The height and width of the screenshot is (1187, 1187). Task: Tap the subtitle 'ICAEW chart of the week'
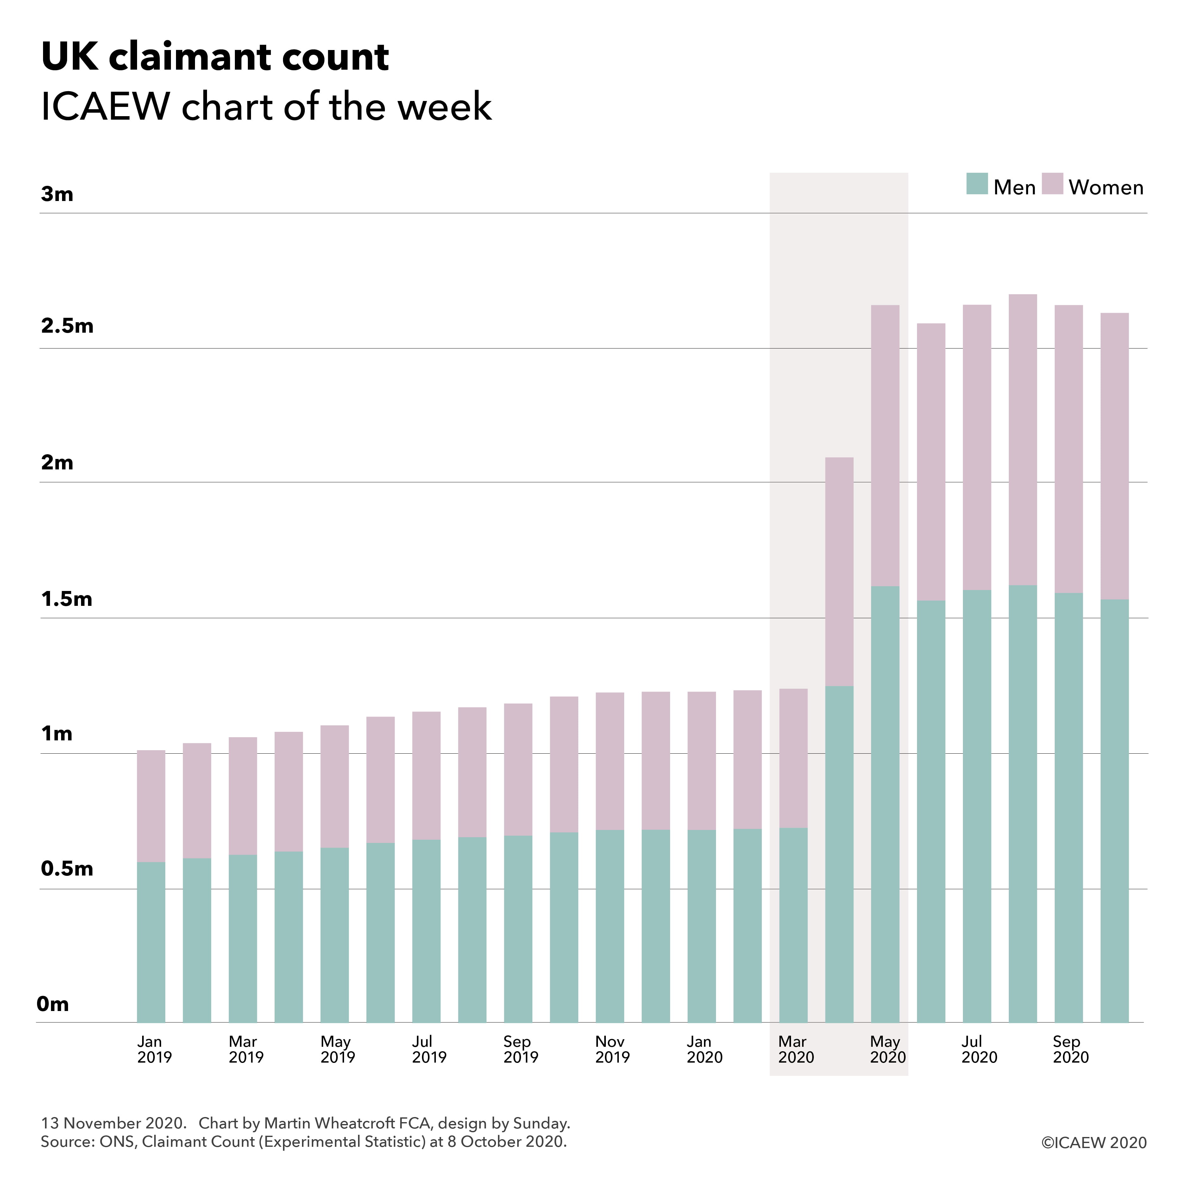[266, 106]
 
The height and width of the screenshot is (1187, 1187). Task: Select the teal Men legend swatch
[976, 184]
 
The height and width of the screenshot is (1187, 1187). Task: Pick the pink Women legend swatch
[1052, 184]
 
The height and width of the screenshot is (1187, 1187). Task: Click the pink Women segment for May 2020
[885, 445]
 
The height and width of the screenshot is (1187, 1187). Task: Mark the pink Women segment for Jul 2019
[426, 776]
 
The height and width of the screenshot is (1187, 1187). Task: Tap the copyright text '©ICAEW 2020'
[1094, 1143]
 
